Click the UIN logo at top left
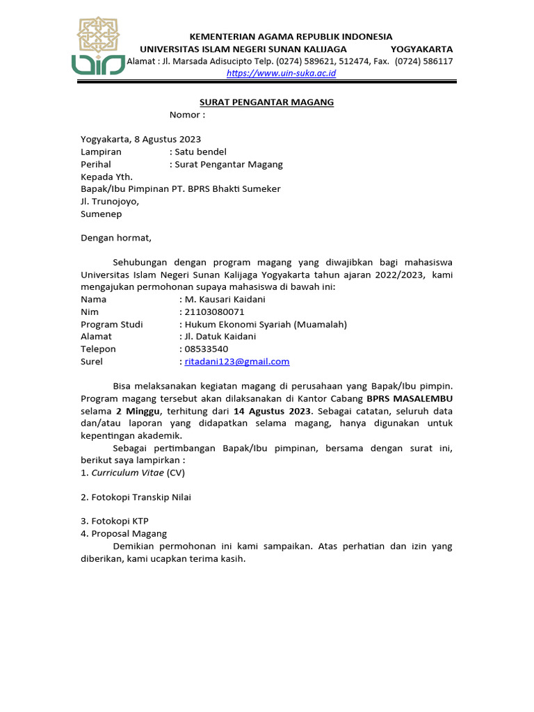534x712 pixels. (x=98, y=45)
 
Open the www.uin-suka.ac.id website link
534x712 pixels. (x=282, y=73)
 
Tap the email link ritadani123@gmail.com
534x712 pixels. (x=236, y=362)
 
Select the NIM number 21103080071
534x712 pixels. (x=214, y=311)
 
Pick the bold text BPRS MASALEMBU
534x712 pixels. (x=410, y=398)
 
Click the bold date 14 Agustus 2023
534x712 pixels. (x=273, y=410)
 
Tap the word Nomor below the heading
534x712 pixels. (x=185, y=115)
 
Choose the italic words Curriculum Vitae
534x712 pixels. (x=128, y=472)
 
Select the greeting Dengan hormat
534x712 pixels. (x=115, y=238)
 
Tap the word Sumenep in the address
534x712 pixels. (x=102, y=214)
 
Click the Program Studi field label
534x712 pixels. (x=112, y=324)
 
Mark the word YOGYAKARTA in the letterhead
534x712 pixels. (x=421, y=49)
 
